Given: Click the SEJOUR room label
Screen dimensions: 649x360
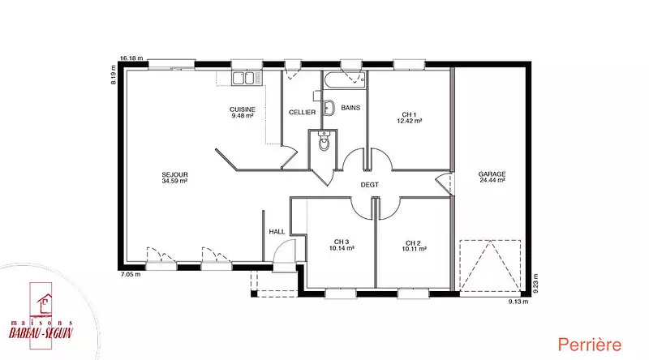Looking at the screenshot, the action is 174,178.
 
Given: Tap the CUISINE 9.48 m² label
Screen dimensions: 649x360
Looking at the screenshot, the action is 243,113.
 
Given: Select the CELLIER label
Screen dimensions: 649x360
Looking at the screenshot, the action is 302,112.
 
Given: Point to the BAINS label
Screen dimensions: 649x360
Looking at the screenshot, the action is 350,108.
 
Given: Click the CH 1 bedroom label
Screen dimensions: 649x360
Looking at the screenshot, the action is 410,118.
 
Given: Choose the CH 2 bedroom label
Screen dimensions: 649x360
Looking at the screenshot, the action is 414,246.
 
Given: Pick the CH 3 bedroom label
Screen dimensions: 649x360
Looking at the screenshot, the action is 342,245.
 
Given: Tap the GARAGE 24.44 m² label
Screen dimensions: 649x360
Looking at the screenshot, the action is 492,177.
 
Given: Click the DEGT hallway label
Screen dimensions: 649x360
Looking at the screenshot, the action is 370,185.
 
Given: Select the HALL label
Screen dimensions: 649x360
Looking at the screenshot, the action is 277,232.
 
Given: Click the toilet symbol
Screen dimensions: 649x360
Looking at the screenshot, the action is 324,141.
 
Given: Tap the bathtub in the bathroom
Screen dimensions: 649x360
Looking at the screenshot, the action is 345,80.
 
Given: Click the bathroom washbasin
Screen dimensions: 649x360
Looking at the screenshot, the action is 329,108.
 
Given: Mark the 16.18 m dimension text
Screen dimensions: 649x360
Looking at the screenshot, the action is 131,58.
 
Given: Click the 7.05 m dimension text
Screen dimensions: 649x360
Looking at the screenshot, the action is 130,274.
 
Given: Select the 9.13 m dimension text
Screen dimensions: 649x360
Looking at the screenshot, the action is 518,302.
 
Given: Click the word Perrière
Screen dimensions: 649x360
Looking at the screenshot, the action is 590,345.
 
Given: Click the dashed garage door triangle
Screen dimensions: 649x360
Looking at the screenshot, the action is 490,266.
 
